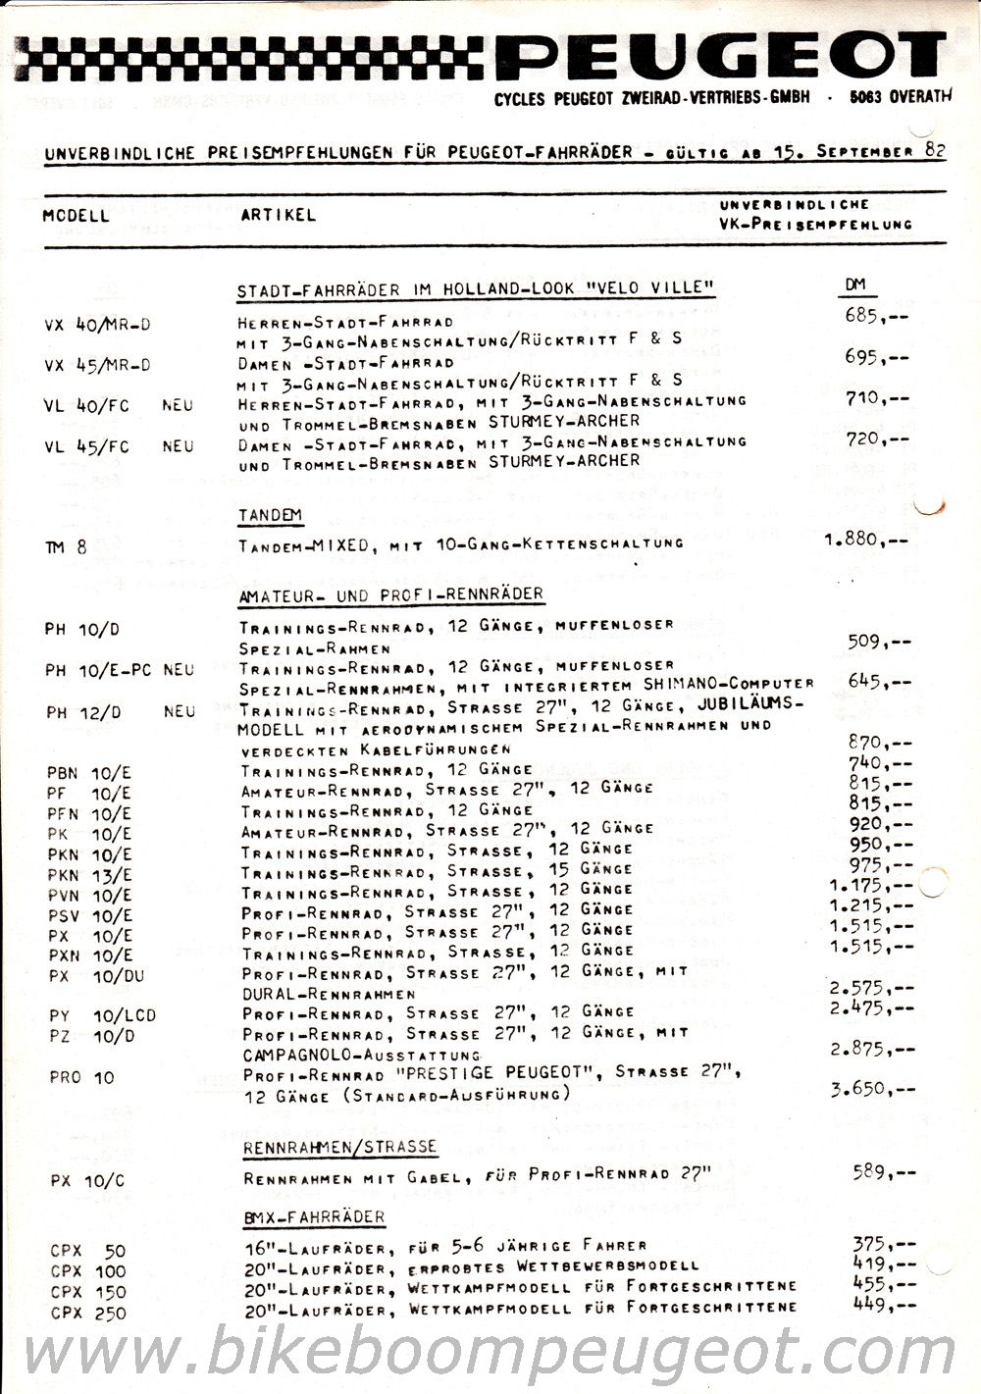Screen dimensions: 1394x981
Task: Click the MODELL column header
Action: pyautogui.click(x=77, y=215)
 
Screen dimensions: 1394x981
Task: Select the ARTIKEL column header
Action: pyautogui.click(x=279, y=215)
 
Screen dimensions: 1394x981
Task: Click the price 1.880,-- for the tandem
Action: pyautogui.click(x=866, y=539)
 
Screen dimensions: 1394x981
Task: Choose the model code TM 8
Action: pyautogui.click(x=66, y=546)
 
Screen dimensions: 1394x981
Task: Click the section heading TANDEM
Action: pyautogui.click(x=270, y=515)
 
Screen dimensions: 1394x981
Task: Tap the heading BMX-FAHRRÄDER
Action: pyautogui.click(x=314, y=1217)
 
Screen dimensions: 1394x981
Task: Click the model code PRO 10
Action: pyautogui.click(x=81, y=1076)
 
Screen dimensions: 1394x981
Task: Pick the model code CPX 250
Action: pyautogui.click(x=87, y=1313)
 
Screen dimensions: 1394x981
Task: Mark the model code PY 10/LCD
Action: pyautogui.click(x=101, y=1015)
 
